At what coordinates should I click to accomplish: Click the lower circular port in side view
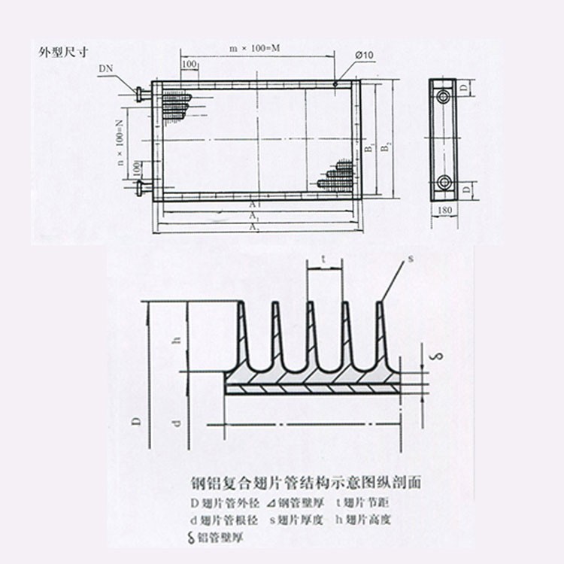445,181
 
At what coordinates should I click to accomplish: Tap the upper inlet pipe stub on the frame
143,95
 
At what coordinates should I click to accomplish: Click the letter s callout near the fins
411,258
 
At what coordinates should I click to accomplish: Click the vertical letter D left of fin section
138,422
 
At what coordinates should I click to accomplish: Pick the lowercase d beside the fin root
176,423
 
